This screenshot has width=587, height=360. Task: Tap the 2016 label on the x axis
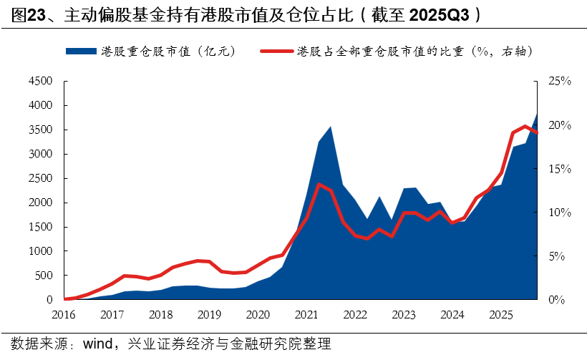coord(64,314)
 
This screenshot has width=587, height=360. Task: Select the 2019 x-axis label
coord(209,314)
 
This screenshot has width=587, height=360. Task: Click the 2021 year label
coord(306,314)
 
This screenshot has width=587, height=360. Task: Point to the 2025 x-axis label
coord(500,314)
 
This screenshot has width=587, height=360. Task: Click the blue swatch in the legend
coord(80,51)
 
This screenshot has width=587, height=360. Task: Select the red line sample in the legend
coord(276,51)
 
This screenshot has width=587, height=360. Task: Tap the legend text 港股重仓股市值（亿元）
coord(168,51)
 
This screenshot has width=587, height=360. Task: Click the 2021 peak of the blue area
coord(330,127)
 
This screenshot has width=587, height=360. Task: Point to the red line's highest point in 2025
coord(525,126)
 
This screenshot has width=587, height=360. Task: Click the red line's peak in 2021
coord(318,184)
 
